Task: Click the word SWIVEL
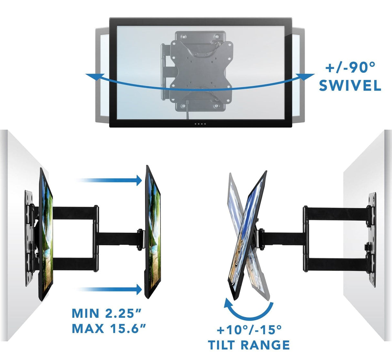point(350,86)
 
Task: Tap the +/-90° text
point(350,68)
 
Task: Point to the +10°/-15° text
point(249,330)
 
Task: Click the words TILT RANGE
point(249,345)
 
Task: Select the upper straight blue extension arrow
point(110,180)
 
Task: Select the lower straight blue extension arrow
point(110,289)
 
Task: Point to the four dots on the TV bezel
point(200,124)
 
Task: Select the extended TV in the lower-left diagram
point(152,233)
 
